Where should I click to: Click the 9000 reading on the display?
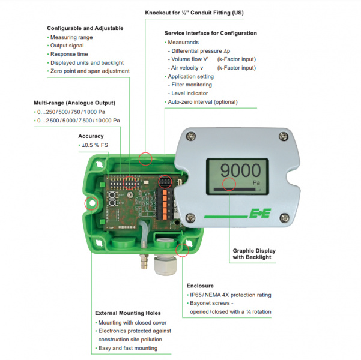coord(238,169)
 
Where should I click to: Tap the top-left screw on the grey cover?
coord(190,137)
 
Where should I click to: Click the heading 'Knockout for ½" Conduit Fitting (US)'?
coord(195,13)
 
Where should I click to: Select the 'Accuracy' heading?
coord(91,136)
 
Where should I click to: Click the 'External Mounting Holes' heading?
coord(127,313)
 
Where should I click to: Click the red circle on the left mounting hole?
coord(91,203)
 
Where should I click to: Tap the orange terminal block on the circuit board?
coord(170,196)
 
